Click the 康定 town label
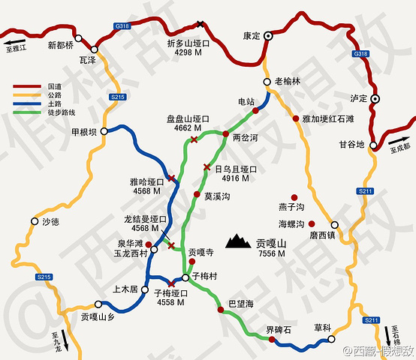(251, 34)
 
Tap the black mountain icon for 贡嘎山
(240, 240)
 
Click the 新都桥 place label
(62, 44)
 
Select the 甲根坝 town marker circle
(104, 130)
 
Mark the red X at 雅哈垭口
(172, 178)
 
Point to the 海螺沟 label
(291, 224)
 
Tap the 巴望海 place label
(241, 303)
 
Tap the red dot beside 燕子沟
(304, 196)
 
